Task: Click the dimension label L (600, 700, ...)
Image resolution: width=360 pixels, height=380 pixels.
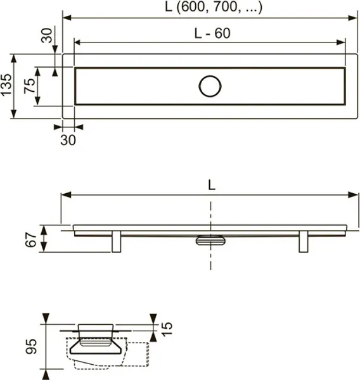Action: (x=214, y=7)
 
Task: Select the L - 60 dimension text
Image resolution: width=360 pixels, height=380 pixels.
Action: (x=212, y=33)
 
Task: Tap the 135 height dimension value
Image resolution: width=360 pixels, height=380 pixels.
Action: (x=6, y=85)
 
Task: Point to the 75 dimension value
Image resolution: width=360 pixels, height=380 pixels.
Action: (x=30, y=85)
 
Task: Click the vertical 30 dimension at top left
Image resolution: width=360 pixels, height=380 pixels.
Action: (x=46, y=35)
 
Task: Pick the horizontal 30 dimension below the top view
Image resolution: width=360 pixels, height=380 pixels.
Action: (x=68, y=140)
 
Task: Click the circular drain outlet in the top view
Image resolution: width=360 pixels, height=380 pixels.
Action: (x=210, y=86)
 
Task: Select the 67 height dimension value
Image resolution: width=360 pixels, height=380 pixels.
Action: (x=31, y=239)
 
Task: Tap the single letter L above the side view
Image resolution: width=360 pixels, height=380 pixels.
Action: (x=212, y=186)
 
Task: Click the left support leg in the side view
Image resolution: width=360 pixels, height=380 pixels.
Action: (x=117, y=242)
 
